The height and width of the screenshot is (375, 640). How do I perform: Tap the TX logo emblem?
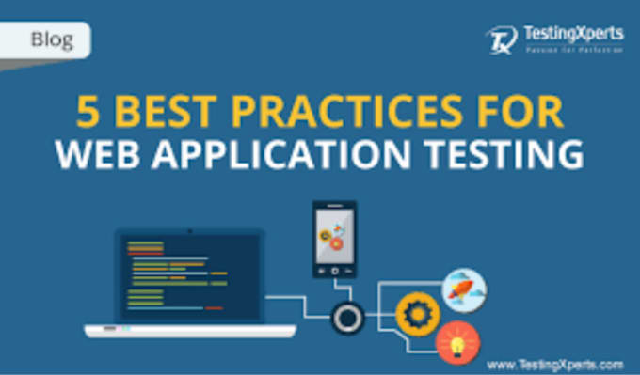(499, 39)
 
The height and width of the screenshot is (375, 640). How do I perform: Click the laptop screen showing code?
(189, 276)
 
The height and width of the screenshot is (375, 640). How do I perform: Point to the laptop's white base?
(189, 331)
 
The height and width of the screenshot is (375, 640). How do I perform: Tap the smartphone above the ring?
(335, 240)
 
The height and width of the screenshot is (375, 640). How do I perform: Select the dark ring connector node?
(348, 318)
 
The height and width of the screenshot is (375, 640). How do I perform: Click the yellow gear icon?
(417, 315)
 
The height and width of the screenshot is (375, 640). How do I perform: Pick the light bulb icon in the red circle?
(458, 341)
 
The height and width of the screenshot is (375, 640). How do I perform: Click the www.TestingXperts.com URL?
(555, 363)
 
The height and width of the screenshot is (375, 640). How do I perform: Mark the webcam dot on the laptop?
(189, 230)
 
